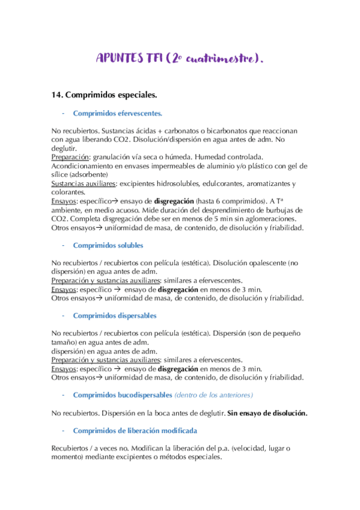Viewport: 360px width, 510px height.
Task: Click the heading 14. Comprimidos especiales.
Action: [x=105, y=94]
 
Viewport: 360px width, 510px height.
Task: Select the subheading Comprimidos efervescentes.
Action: [x=117, y=112]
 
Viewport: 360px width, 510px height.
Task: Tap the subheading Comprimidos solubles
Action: [x=108, y=245]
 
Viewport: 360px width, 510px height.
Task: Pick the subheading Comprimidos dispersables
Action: [x=114, y=315]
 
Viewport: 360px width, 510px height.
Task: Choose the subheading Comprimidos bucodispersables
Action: [x=122, y=395]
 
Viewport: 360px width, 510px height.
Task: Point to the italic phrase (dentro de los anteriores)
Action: [x=213, y=395]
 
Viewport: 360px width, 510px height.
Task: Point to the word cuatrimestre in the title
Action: [x=222, y=59]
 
